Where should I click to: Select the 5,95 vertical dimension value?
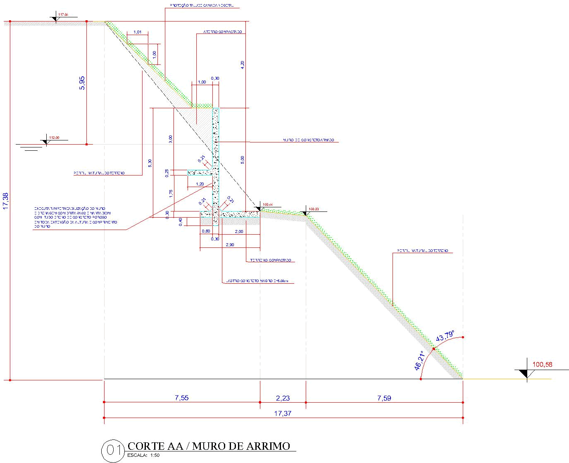pos(82,83)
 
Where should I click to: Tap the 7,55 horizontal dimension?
pos(181,398)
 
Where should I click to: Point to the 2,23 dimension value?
pos(283,398)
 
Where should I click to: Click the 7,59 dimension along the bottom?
pos(384,398)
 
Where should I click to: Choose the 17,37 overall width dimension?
pos(283,413)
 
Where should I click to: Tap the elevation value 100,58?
pos(542,364)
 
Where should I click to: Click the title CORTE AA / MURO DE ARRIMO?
pos(209,446)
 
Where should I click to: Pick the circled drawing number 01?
pos(113,450)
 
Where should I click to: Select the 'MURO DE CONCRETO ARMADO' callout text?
pos(308,140)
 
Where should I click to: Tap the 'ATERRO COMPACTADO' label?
pos(222,32)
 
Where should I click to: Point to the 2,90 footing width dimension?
pos(230,245)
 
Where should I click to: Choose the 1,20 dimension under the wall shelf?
pos(200,184)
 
